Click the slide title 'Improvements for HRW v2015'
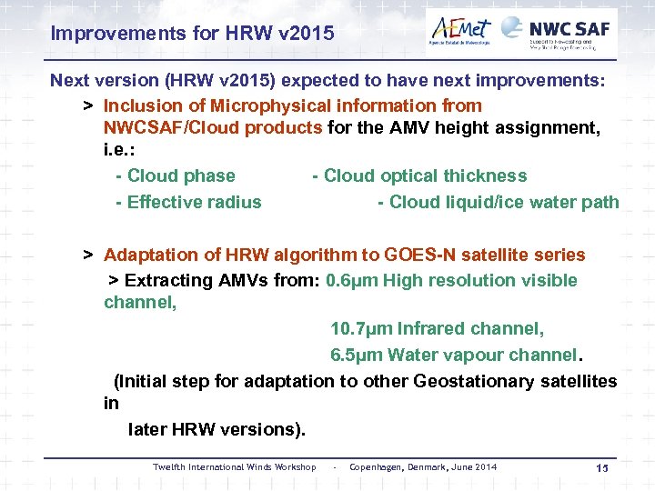click(x=192, y=35)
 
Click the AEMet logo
click(x=460, y=33)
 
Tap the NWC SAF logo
click(x=559, y=33)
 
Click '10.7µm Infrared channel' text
click(x=437, y=328)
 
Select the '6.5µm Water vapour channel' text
click(x=454, y=355)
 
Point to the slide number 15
click(x=600, y=467)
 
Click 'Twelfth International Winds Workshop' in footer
click(x=234, y=467)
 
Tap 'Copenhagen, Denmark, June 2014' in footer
click(x=423, y=467)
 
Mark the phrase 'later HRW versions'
click(x=214, y=428)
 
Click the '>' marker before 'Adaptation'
click(x=88, y=255)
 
